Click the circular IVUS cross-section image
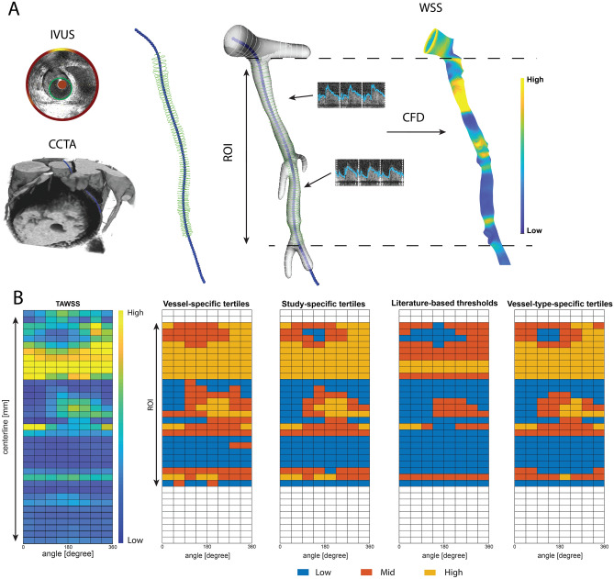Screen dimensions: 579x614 point(61,87)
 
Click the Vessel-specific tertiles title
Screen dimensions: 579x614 point(207,304)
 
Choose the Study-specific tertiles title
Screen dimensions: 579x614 point(323,304)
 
